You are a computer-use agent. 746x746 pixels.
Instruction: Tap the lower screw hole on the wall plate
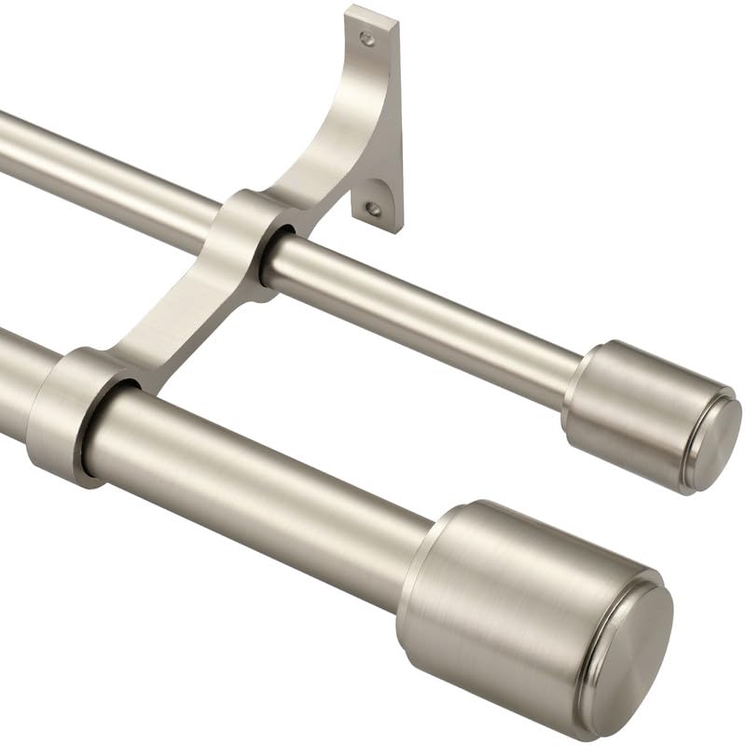pos(373,209)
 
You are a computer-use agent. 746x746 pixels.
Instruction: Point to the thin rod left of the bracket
pos(103,168)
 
